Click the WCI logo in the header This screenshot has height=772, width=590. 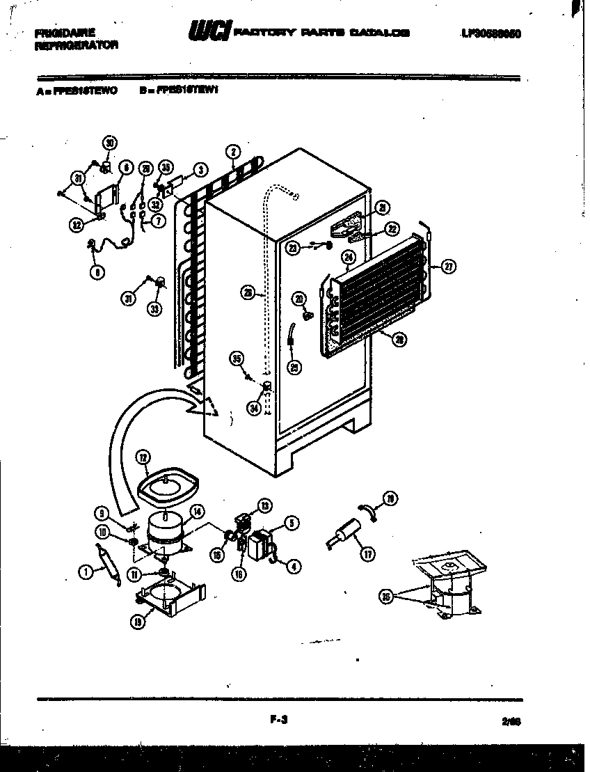pos(208,32)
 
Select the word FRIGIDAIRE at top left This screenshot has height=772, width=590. pos(65,32)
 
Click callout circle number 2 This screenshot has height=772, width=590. pos(233,151)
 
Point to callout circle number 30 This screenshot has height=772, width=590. pos(109,143)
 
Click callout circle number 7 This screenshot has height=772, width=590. pos(157,221)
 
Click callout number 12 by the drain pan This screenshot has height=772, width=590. pos(143,458)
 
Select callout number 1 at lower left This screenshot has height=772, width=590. pos(85,572)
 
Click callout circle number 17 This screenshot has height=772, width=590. pos(367,554)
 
